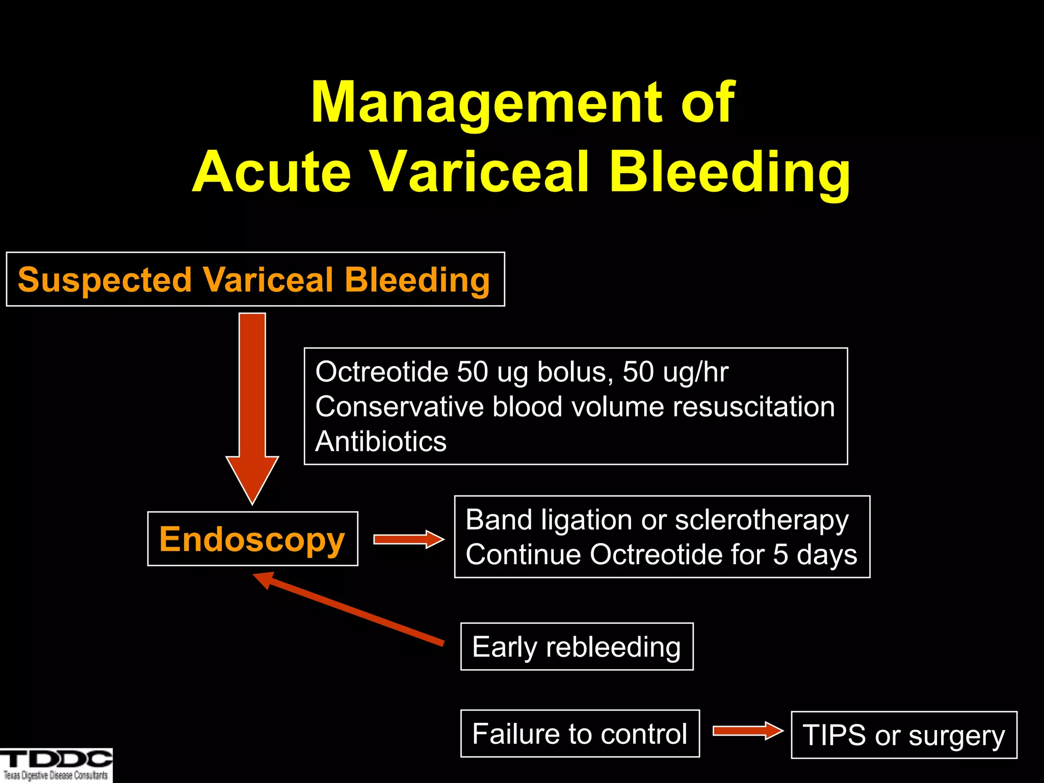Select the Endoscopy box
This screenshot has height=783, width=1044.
[x=252, y=539]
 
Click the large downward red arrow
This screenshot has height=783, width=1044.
[x=252, y=408]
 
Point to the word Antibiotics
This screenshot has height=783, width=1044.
[x=381, y=441]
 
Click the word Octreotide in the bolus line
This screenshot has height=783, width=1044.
[x=381, y=372]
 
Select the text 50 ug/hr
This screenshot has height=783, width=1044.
[x=675, y=372]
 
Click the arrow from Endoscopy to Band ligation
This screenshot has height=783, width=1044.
[x=408, y=539]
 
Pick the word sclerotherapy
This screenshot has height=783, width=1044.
[x=762, y=520]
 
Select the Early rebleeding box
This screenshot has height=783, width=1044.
[x=577, y=646]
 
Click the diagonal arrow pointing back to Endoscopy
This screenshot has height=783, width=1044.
[x=352, y=610]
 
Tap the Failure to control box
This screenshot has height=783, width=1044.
[x=580, y=734]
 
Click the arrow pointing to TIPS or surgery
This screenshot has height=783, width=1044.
[x=747, y=731]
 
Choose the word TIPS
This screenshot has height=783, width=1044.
[x=834, y=736]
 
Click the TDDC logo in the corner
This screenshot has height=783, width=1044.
[x=56, y=765]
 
